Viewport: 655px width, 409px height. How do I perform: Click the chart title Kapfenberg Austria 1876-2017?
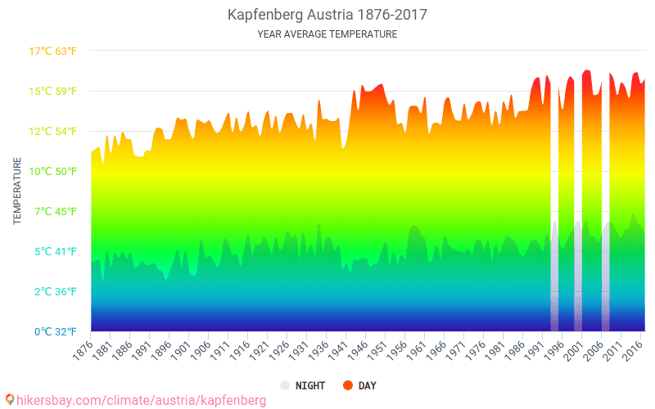click(x=327, y=15)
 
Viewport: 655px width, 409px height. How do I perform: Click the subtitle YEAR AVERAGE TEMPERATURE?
click(x=327, y=34)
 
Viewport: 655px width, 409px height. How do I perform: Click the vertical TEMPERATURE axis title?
click(x=17, y=191)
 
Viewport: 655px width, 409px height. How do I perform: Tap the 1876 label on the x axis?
click(x=83, y=349)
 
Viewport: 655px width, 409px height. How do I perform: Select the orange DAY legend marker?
click(x=347, y=385)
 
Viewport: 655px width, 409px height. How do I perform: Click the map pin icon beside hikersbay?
click(x=9, y=400)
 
